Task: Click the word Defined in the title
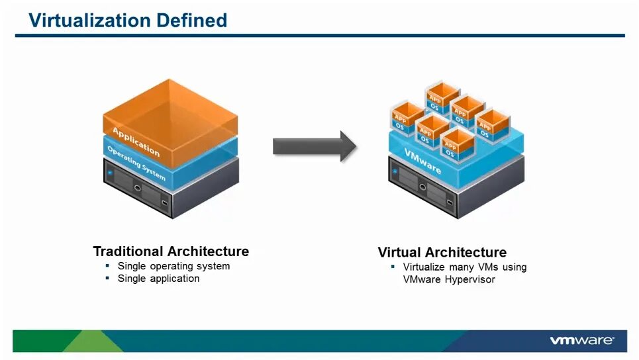(x=191, y=21)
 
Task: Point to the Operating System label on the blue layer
(x=136, y=163)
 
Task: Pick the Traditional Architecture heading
(x=171, y=251)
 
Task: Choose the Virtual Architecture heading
(x=442, y=252)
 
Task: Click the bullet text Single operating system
(x=173, y=266)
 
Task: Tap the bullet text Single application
(x=158, y=279)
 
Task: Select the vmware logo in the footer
(x=581, y=340)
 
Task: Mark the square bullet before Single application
(x=107, y=279)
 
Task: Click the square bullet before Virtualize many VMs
(x=393, y=267)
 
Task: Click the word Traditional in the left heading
(x=128, y=251)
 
